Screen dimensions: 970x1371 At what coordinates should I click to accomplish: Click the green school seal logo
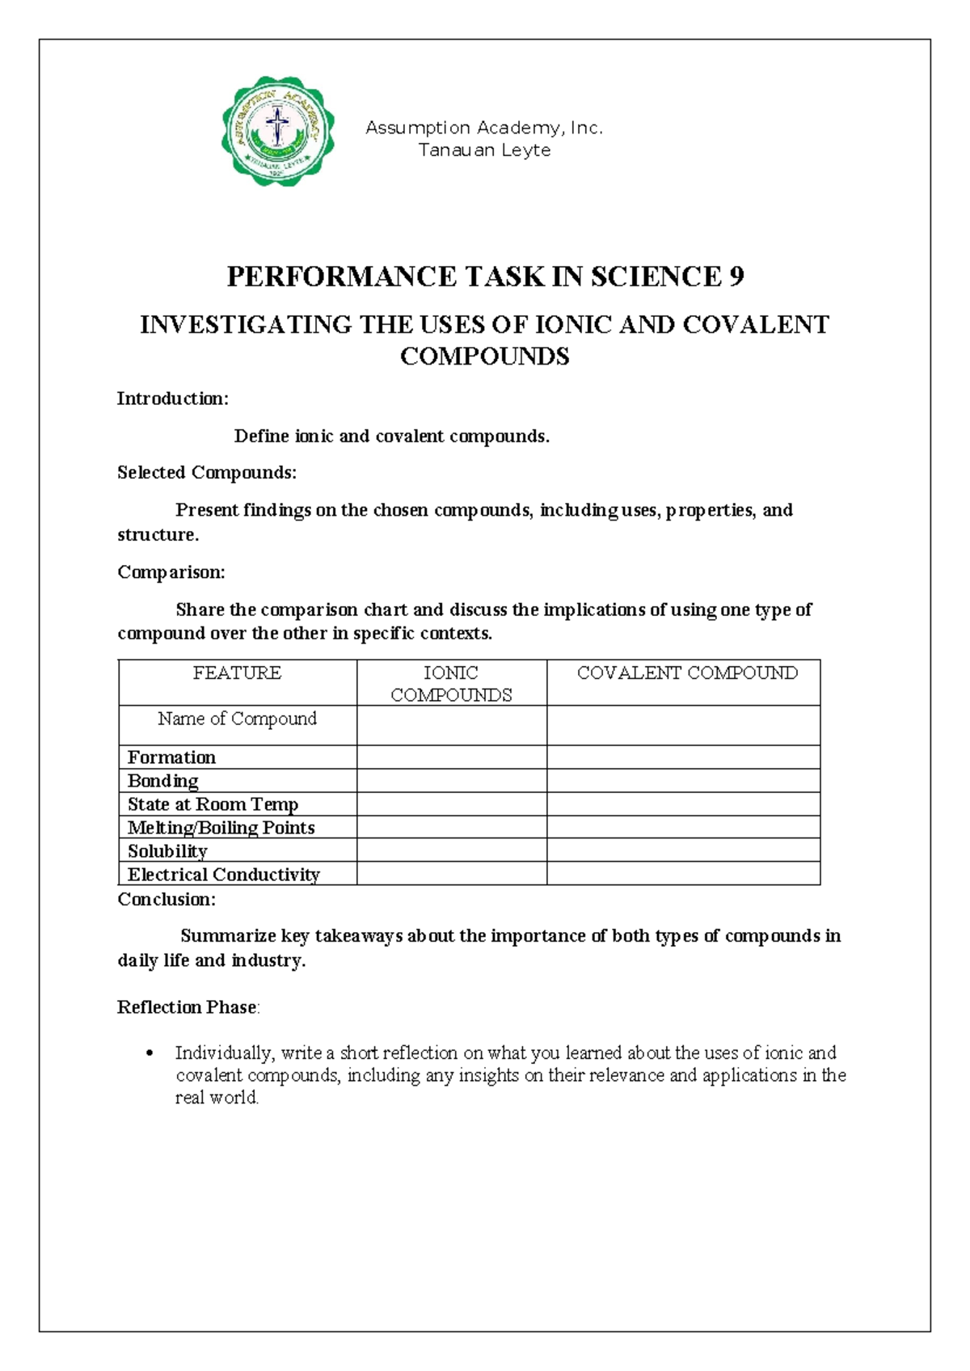point(277,131)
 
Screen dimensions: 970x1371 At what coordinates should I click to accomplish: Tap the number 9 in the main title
point(736,277)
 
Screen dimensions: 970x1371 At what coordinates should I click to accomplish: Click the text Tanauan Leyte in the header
point(484,150)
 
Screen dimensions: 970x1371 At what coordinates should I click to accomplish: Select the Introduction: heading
point(173,399)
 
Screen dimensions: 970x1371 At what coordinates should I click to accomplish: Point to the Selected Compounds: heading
point(207,473)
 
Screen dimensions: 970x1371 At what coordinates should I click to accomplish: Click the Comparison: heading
point(171,572)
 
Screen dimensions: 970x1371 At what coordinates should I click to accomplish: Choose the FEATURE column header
point(237,673)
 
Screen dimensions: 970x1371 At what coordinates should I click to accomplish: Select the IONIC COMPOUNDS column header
point(451,684)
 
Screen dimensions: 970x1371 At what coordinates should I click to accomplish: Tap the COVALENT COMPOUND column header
point(687,673)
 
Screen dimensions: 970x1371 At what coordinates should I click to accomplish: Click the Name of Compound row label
point(237,719)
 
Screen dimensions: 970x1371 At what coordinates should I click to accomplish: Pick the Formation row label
point(171,757)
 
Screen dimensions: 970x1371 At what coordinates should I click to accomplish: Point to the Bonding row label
point(162,781)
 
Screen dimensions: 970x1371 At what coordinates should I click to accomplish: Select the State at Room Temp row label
point(213,804)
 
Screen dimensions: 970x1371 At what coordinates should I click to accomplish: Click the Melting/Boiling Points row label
point(221,828)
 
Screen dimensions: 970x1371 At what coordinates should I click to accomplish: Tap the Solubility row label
point(167,851)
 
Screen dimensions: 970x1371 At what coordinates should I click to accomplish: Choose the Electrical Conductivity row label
point(223,875)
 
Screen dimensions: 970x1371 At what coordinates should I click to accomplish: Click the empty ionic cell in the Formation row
point(451,757)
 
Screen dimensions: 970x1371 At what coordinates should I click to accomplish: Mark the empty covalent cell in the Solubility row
point(683,850)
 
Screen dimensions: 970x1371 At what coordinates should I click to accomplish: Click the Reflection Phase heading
point(188,1007)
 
